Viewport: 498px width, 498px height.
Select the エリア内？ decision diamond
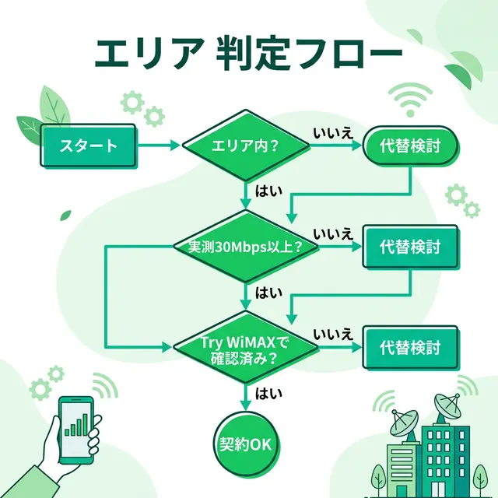point(246,146)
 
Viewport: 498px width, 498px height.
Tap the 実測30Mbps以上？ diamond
point(246,247)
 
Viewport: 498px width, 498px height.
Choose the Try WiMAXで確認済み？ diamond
point(246,346)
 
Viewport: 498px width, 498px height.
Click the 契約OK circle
point(246,444)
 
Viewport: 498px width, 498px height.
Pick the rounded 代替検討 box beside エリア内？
point(410,146)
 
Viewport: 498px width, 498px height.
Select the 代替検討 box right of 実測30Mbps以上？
point(410,247)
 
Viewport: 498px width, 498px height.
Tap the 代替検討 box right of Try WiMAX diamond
point(410,346)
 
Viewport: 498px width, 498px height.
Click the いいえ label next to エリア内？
point(333,133)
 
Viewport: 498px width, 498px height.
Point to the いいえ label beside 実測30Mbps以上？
point(333,234)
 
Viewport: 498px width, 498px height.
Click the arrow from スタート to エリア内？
point(160,146)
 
